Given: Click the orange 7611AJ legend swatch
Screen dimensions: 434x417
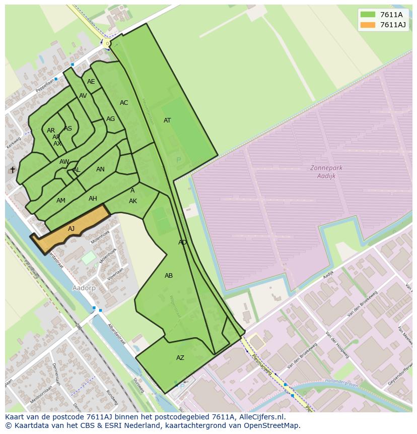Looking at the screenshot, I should (x=368, y=25).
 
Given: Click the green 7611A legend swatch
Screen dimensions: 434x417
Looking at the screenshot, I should (x=368, y=14).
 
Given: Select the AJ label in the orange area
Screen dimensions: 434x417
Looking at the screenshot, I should (x=72, y=229).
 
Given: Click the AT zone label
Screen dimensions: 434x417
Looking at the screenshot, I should (x=167, y=120).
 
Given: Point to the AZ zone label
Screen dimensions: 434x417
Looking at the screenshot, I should (x=180, y=358).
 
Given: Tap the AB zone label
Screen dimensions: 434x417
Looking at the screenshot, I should (x=169, y=276).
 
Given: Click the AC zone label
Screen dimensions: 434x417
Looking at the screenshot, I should (x=124, y=103).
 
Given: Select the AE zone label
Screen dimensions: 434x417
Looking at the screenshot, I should (x=91, y=82).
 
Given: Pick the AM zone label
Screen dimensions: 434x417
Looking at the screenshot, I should (x=61, y=201).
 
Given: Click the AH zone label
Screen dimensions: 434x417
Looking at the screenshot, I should (x=93, y=199).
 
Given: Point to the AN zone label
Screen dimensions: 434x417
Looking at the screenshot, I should (x=100, y=169).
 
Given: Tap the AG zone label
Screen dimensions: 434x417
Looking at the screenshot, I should (x=110, y=119).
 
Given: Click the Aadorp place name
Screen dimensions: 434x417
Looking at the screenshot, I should (x=84, y=288).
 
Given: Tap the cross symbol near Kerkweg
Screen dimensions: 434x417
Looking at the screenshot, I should (x=13, y=170).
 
